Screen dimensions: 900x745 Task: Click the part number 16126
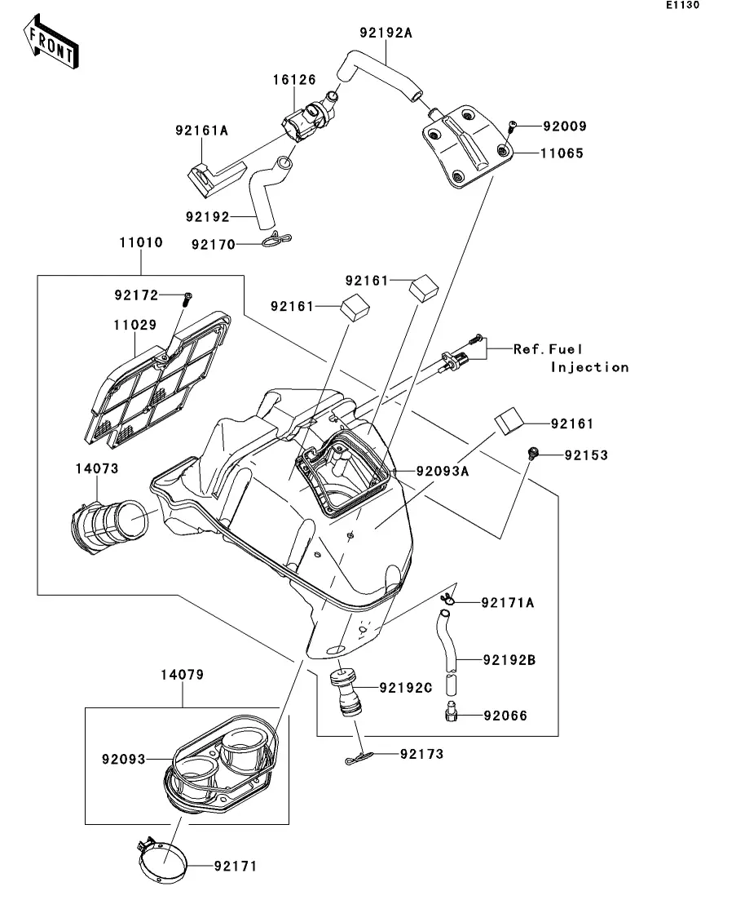coord(293,81)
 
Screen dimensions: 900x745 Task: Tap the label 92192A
coord(386,33)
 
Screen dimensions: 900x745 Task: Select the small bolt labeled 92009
coord(511,125)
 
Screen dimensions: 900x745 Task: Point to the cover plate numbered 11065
coord(465,145)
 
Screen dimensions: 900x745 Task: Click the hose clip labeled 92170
coord(277,241)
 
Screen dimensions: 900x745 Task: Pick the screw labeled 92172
coord(187,297)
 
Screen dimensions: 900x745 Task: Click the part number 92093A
coord(444,471)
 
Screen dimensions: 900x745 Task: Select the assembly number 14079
coord(181,675)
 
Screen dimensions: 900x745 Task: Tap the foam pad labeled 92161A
coord(216,175)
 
